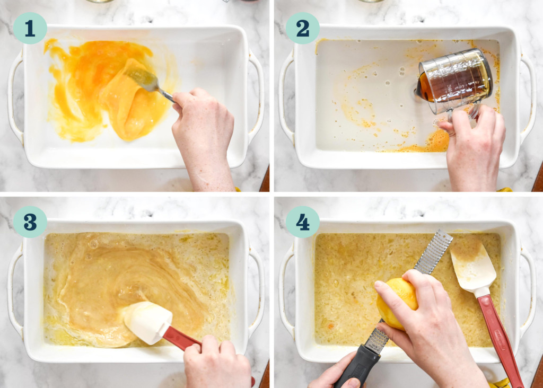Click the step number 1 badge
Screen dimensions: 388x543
click(30, 28)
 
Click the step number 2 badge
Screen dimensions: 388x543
click(302, 28)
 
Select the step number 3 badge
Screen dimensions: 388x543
click(30, 222)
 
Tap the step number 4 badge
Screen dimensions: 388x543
click(302, 222)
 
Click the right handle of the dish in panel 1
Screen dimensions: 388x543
click(258, 95)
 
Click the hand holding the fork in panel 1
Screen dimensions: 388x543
click(204, 133)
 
